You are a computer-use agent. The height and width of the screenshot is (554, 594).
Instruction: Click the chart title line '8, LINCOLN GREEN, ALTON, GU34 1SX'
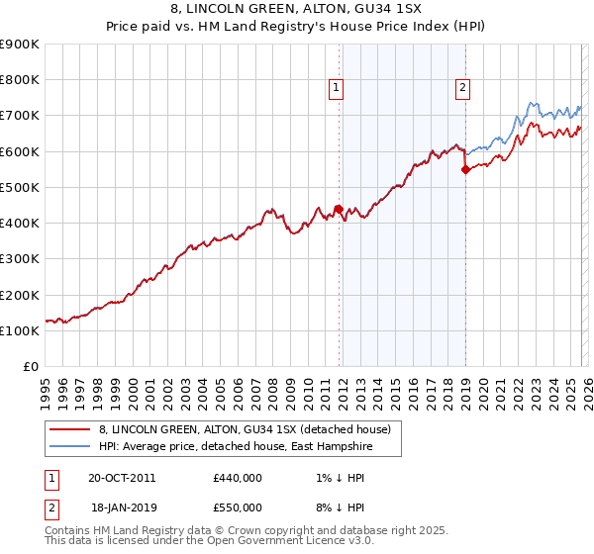tap(297, 10)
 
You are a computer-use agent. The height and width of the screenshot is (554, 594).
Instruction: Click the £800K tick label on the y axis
tap(20, 80)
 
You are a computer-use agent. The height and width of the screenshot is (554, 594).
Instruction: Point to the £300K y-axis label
tap(20, 259)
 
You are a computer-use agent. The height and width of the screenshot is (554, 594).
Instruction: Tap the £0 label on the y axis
tap(31, 367)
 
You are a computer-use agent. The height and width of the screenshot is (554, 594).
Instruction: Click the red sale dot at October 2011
tap(339, 209)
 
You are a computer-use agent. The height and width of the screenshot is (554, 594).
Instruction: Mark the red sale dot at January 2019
tap(465, 169)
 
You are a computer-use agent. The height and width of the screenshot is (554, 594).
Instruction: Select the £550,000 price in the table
tap(237, 507)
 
